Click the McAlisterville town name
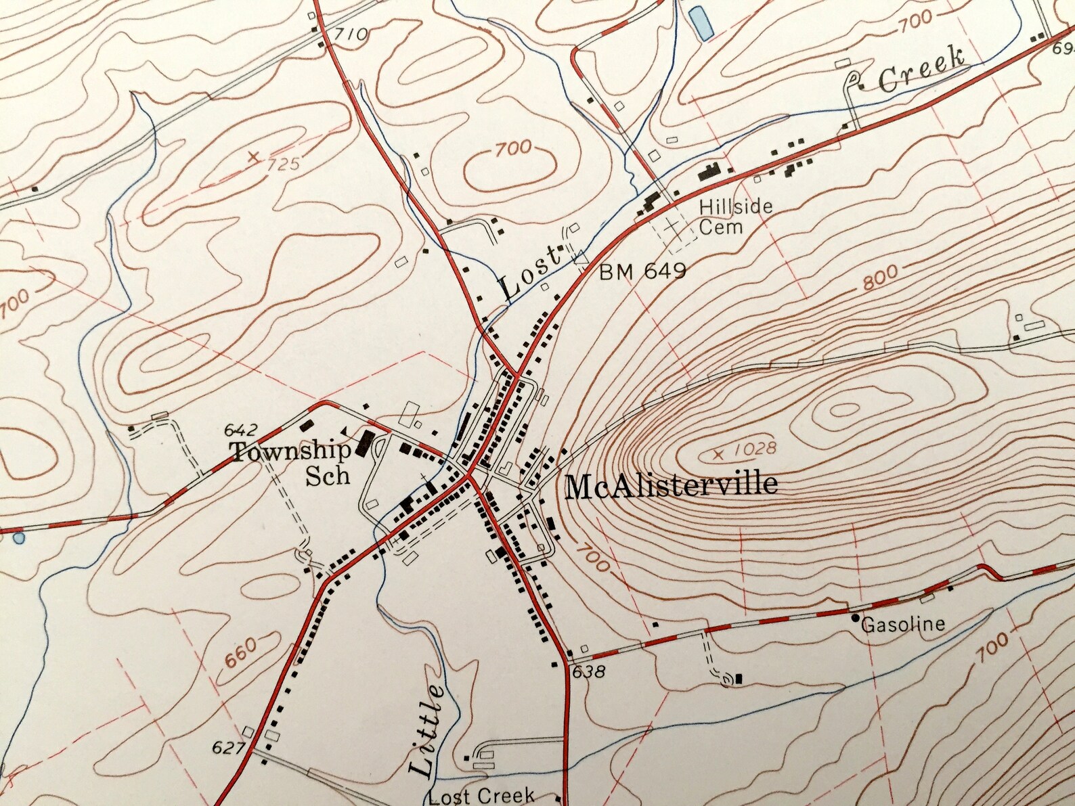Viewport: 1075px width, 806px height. tap(671, 486)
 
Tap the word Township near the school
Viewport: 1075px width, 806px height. tap(291, 451)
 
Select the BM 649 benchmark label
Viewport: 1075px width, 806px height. tap(642, 271)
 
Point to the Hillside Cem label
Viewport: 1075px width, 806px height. tap(734, 217)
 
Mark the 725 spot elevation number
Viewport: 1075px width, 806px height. tap(283, 164)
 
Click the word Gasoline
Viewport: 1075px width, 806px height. tap(903, 623)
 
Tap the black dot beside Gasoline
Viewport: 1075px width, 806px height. tap(856, 618)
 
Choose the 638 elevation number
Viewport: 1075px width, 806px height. tap(587, 672)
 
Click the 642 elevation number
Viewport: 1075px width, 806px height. tap(240, 430)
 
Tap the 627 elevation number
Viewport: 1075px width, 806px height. tap(227, 748)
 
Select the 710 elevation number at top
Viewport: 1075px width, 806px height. tap(352, 34)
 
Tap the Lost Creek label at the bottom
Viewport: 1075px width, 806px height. tap(481, 796)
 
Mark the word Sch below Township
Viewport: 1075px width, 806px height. tap(328, 475)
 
